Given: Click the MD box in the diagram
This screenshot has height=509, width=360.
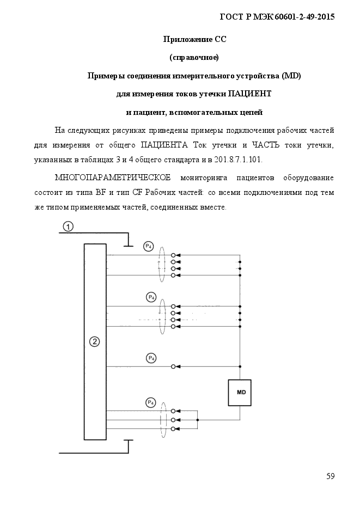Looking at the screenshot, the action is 240,393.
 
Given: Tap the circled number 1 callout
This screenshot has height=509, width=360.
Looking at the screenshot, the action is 68,226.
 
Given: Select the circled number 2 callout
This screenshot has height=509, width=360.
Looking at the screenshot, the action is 94,341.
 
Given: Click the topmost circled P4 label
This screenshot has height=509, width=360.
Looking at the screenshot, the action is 148,247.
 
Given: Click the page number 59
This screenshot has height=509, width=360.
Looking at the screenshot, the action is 331,476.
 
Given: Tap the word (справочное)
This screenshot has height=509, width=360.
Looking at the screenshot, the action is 194,58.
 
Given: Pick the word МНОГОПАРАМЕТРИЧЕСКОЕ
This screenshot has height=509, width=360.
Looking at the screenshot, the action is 113,178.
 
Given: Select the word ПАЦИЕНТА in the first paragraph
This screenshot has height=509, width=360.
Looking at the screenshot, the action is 164,145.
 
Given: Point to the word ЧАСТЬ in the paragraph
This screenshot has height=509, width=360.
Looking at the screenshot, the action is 266,145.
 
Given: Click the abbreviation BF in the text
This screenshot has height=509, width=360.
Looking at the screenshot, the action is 100,193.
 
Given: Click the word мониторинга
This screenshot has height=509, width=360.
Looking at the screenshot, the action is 204,178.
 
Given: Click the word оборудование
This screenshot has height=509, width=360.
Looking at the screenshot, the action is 308,178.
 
